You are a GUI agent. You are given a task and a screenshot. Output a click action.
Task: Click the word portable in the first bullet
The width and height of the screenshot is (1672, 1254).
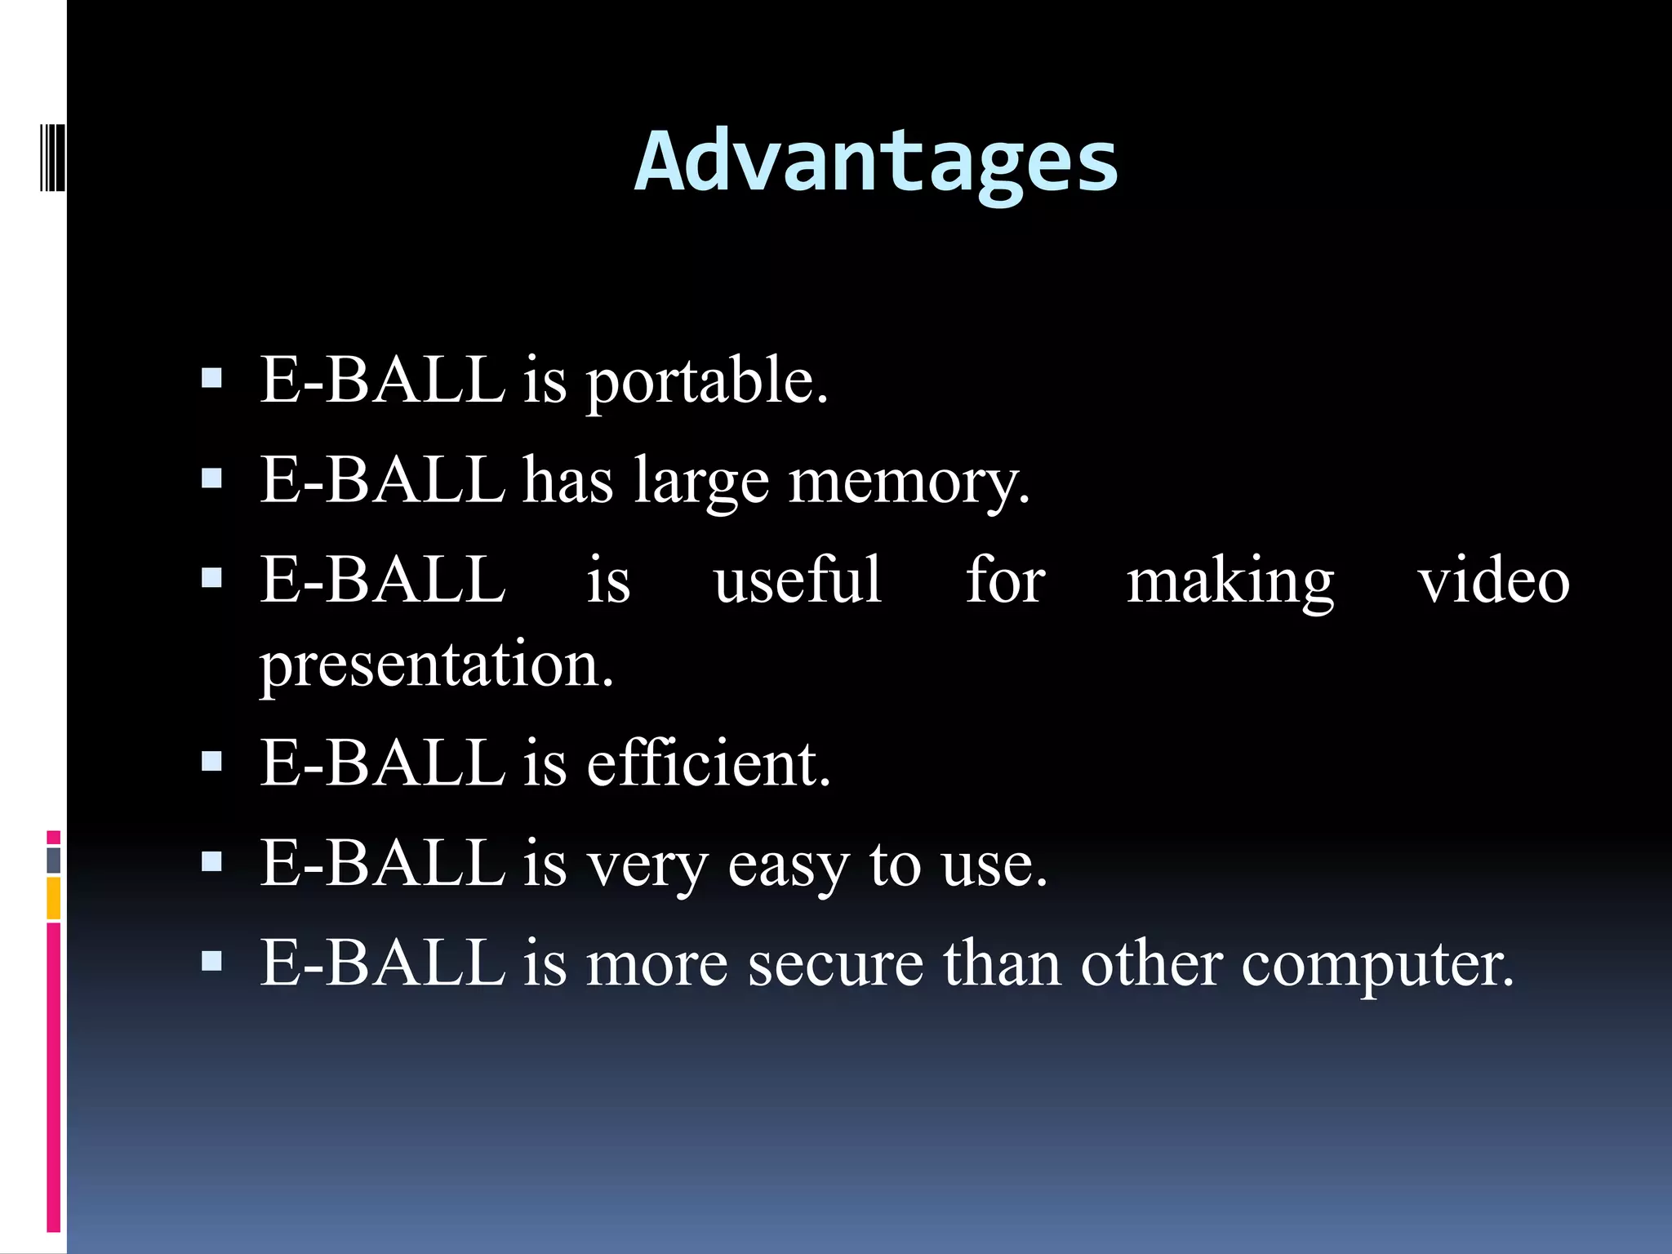pos(706,382)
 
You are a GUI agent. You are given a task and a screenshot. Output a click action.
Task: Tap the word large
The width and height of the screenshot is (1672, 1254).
pos(701,482)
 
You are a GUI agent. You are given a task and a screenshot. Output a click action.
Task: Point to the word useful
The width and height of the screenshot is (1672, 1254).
pos(798,580)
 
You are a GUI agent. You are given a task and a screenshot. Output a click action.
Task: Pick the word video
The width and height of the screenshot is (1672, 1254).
pos(1493,580)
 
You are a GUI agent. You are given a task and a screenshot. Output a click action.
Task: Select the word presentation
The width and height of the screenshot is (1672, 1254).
pos(437,665)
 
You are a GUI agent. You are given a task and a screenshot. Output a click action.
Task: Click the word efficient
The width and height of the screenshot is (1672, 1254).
pos(708,763)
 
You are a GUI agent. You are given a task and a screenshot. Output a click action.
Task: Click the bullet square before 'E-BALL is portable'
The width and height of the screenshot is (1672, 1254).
pos(211,377)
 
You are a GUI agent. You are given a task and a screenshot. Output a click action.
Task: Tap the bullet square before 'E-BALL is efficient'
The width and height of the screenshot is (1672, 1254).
pos(211,761)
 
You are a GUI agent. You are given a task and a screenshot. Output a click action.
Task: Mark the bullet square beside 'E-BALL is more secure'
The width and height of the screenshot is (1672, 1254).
pos(211,961)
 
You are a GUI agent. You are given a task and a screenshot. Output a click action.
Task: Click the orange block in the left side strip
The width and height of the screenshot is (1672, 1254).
pos(53,897)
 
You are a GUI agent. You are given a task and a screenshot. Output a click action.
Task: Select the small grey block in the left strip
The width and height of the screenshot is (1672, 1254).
pos(53,859)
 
